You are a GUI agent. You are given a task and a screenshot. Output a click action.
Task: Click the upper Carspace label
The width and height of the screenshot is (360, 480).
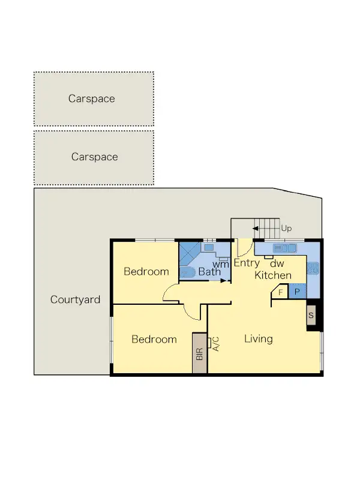coord(91,99)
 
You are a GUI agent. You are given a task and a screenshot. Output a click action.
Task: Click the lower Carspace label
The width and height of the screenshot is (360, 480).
coord(94,157)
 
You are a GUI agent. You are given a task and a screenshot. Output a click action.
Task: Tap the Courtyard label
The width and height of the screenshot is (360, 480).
coord(75,299)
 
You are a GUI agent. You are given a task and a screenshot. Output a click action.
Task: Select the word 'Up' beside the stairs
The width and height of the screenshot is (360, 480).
coord(286,229)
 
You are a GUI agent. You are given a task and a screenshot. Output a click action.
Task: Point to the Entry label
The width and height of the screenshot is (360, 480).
coord(246,263)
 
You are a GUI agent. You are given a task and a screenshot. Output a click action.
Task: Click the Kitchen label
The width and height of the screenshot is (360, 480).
coord(273,275)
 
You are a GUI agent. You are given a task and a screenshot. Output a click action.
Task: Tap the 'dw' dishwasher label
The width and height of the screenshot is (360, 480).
coord(277,263)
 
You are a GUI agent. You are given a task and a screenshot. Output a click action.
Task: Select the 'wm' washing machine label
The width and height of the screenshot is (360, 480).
coord(221,263)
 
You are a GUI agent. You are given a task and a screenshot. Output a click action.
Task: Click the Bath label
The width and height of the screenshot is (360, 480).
coord(209,272)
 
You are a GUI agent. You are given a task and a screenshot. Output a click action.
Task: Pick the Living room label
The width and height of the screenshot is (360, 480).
coord(258,339)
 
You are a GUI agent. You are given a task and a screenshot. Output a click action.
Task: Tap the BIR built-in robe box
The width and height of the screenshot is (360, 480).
coord(199,353)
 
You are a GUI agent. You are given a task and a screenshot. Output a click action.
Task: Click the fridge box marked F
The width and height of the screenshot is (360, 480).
coord(280,292)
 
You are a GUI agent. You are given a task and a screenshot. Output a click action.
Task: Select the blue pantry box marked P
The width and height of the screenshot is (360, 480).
coord(298,292)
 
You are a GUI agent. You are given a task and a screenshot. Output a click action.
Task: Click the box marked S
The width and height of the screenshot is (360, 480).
coord(311,315)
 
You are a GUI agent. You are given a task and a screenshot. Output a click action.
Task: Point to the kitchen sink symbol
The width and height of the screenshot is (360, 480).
coord(280,248)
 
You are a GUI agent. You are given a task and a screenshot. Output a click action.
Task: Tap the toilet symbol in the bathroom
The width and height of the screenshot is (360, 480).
coord(187,272)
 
